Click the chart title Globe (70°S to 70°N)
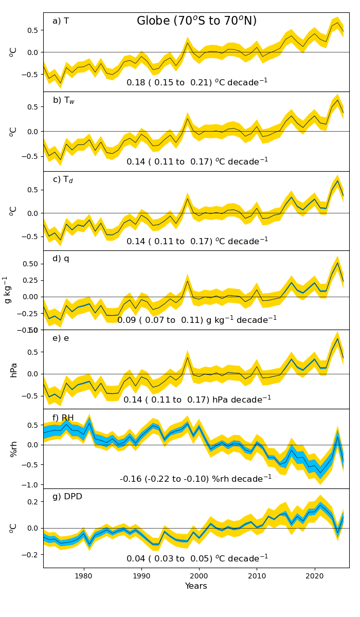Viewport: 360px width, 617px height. click(x=196, y=21)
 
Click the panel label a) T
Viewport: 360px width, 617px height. click(x=61, y=21)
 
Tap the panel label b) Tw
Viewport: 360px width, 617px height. click(x=64, y=100)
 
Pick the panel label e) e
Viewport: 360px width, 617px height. click(x=61, y=338)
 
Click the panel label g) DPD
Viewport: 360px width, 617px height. click(x=67, y=497)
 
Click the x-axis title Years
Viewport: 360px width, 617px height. click(x=196, y=586)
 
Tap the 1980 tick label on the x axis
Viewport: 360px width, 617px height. click(x=83, y=576)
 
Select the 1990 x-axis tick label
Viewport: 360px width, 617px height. click(x=141, y=576)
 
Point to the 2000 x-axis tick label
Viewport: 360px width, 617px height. click(x=199, y=576)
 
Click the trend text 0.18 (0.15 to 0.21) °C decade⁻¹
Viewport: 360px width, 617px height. click(x=197, y=82)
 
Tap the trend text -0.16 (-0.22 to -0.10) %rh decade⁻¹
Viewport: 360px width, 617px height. click(x=196, y=478)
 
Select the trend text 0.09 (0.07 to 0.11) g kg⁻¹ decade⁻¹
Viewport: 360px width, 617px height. click(x=197, y=320)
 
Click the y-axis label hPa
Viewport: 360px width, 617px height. click(x=14, y=370)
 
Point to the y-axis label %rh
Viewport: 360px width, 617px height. click(x=14, y=448)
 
